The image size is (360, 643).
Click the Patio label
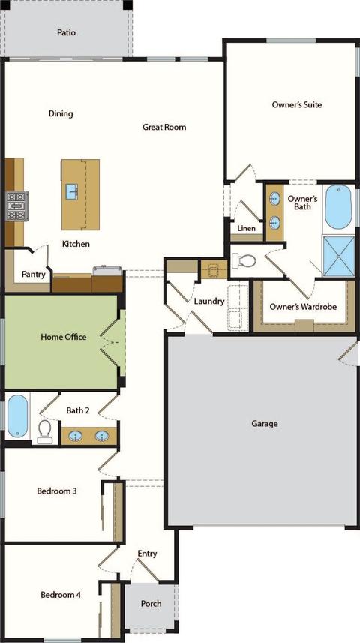click(66, 32)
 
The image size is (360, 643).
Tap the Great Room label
click(164, 127)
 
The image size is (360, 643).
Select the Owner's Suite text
click(297, 104)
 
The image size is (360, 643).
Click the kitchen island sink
click(72, 191)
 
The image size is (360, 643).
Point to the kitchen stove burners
click(16, 206)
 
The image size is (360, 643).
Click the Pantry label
click(33, 275)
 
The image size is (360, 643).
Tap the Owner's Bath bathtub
click(338, 207)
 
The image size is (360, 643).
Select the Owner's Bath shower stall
click(339, 256)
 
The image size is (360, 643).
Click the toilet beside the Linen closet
click(244, 260)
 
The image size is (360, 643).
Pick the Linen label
click(247, 228)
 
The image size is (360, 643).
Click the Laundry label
click(209, 302)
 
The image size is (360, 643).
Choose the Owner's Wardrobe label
click(303, 307)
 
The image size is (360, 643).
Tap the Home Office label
click(64, 337)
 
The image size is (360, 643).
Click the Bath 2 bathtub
click(17, 416)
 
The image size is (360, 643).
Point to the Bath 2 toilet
click(45, 432)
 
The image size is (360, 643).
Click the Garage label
click(265, 424)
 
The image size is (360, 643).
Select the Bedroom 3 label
click(57, 491)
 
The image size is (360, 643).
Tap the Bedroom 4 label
click(60, 595)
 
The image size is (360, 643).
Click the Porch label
click(151, 604)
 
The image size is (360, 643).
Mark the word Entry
click(147, 554)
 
